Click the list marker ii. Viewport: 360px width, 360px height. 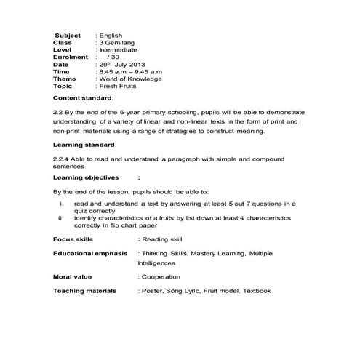pos(61,217)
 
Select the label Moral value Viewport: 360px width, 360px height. pos(73,277)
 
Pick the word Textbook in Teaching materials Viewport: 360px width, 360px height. pos(255,291)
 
